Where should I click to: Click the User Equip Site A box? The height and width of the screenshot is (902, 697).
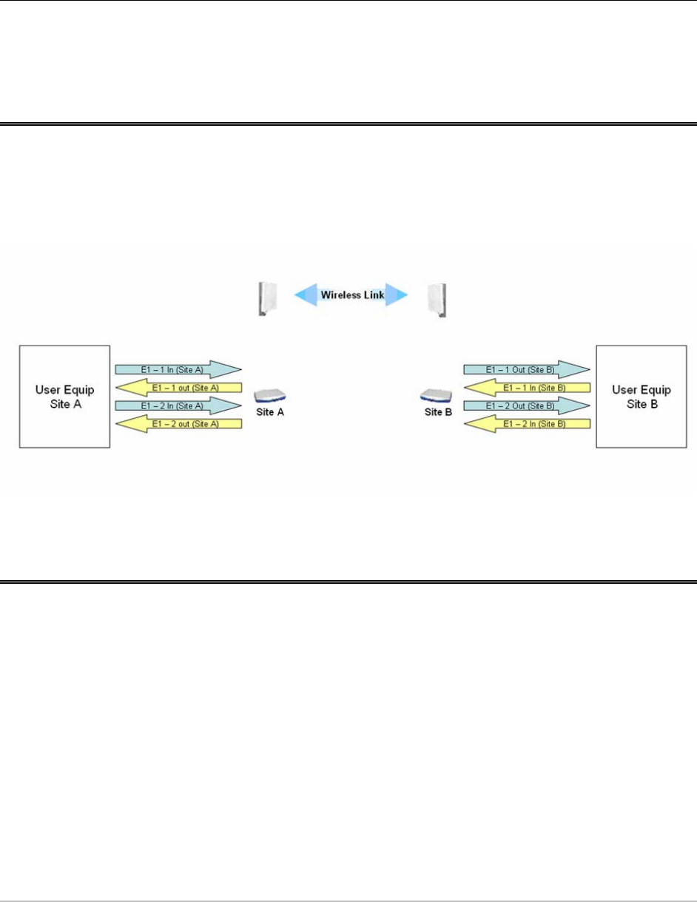64,396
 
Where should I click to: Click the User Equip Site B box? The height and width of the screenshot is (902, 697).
633,396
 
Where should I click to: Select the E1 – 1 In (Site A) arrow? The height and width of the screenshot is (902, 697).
178,368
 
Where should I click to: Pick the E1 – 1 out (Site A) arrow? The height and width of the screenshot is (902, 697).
178,387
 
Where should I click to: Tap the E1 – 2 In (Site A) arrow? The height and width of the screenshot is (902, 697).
178,405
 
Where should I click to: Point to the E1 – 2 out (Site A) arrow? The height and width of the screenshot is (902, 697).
178,424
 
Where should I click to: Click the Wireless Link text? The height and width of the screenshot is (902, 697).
351,295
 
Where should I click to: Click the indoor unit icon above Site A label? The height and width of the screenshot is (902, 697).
269,396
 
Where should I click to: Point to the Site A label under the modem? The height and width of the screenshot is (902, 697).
270,413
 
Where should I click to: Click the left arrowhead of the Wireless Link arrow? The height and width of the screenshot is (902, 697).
305,295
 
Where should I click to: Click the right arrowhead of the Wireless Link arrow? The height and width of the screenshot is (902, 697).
398,295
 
